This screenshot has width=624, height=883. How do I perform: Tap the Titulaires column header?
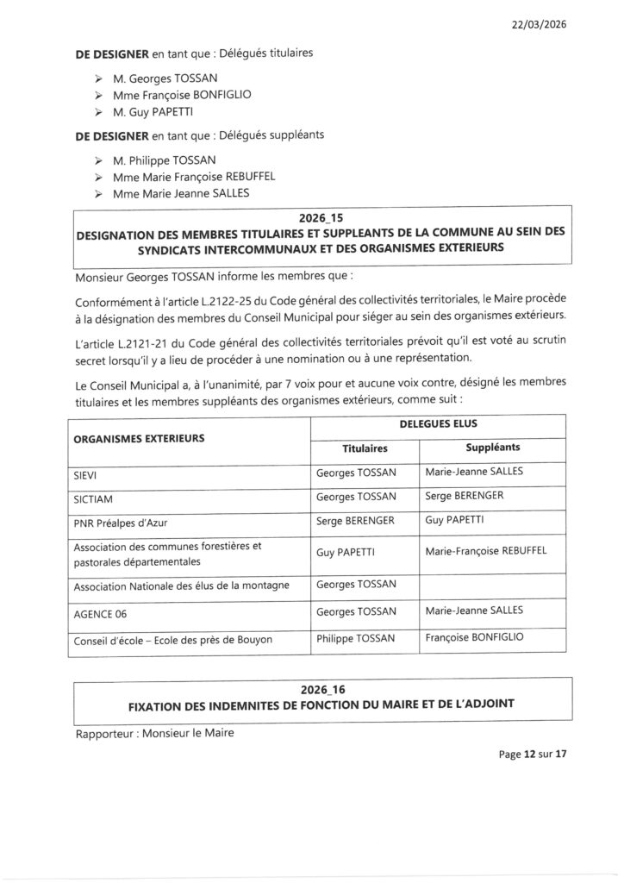pos(364,448)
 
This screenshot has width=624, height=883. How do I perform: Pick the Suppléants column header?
pos(492,448)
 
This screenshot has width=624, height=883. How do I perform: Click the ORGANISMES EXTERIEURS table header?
pos(139,437)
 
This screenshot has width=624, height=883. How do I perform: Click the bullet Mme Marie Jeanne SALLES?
pos(181,193)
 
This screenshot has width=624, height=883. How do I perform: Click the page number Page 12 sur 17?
pos(532,754)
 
